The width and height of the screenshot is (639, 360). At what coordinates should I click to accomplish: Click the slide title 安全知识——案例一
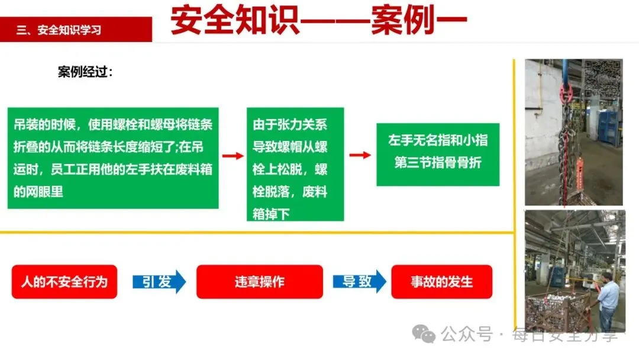point(319,22)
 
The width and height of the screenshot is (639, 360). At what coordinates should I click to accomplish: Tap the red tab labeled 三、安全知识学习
point(76,30)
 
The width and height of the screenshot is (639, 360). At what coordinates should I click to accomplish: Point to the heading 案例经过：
point(85,72)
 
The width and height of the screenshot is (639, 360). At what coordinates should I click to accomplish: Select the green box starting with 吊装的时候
point(113,158)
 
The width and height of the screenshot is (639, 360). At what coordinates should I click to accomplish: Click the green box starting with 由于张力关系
point(295,164)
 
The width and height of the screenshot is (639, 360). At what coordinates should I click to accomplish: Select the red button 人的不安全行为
point(64,281)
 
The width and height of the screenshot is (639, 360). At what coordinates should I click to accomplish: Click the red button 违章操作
point(259,281)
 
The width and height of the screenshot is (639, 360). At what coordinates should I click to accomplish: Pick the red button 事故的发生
point(441,281)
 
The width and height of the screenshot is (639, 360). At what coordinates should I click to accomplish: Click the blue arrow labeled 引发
point(159,281)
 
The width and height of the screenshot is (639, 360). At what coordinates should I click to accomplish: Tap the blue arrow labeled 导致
point(359,281)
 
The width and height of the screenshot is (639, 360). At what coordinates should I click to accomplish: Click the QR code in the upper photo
point(602,79)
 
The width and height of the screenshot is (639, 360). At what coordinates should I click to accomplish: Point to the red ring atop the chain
point(566,92)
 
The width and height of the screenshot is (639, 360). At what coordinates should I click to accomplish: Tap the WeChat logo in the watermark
point(424,335)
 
